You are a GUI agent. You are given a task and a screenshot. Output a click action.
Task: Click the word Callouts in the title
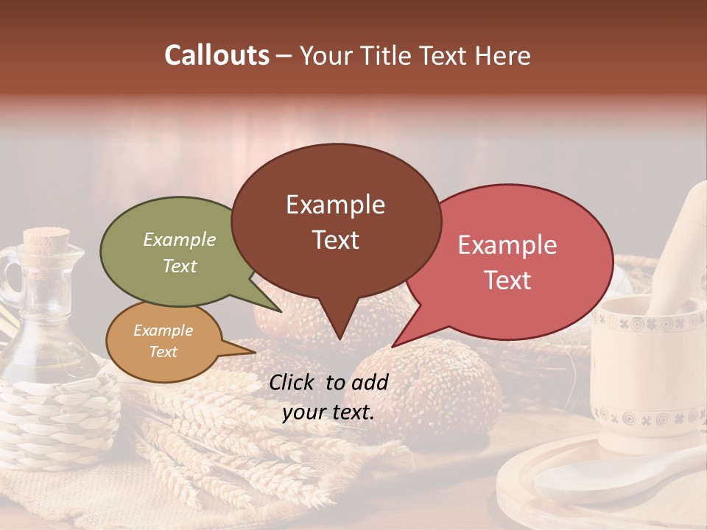(x=217, y=55)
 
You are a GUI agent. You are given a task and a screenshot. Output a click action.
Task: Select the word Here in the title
(x=503, y=55)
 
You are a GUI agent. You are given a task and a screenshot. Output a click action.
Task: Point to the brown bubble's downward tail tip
(x=339, y=338)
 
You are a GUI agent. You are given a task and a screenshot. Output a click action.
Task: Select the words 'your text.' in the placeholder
(x=328, y=412)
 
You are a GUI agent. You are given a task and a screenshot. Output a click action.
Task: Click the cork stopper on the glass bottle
(x=46, y=241)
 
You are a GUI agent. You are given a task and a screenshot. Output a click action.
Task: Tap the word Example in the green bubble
(x=179, y=240)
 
